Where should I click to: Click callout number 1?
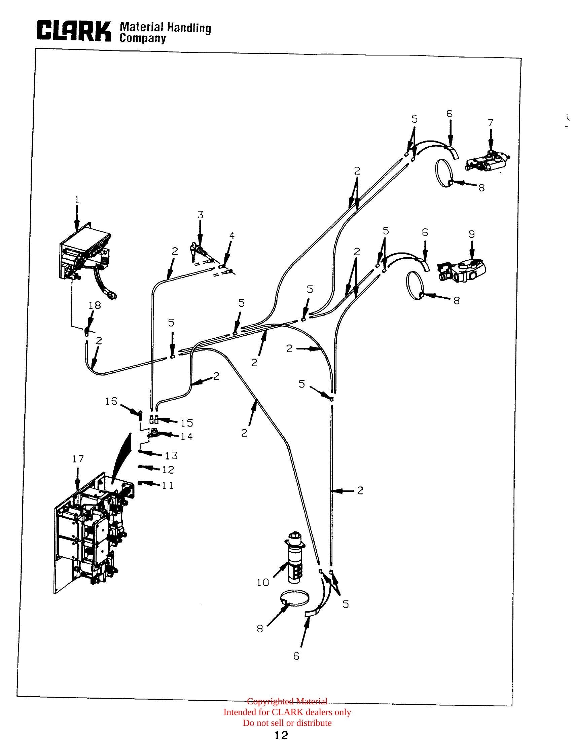[77, 200]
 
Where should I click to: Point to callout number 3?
[201, 215]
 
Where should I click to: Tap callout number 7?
[491, 123]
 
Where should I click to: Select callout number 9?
[472, 234]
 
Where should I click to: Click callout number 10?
[263, 583]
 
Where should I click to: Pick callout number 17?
[78, 459]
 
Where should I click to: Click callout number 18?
[95, 305]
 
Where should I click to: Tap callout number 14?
[186, 437]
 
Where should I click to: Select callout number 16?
[111, 401]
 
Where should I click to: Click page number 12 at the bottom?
[281, 735]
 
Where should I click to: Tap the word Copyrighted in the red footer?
[271, 701]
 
